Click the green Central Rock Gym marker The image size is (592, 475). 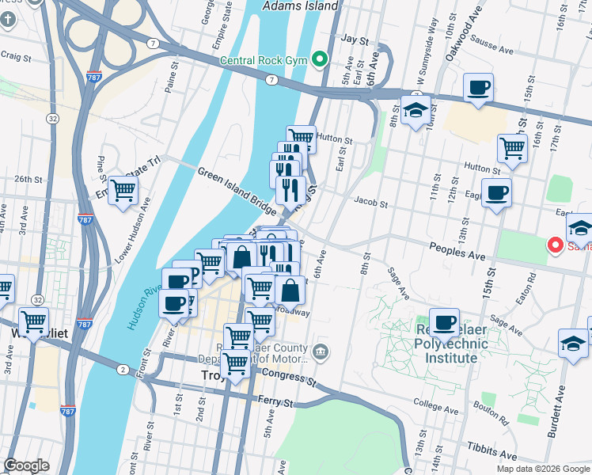(321, 59)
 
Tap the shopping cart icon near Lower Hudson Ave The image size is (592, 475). (123, 190)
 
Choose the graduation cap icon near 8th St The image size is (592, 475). (415, 111)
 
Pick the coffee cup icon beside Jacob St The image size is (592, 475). (496, 192)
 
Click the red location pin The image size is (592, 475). (556, 245)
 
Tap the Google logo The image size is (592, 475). (26, 465)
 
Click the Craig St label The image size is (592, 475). (16, 57)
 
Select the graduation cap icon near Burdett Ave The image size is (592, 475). (573, 343)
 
